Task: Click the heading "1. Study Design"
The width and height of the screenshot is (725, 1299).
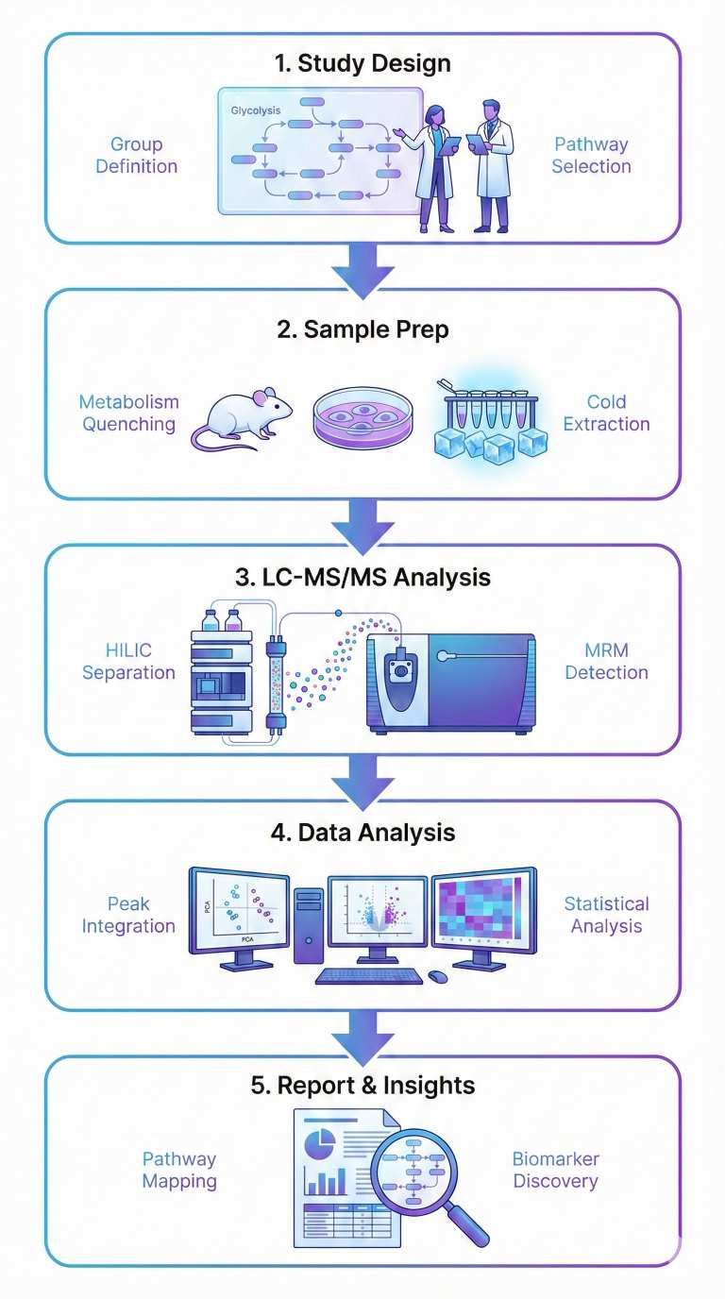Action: coord(362,64)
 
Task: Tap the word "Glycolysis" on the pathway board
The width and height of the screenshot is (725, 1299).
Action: coord(257,110)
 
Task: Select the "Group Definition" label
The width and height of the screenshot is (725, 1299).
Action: coord(137,156)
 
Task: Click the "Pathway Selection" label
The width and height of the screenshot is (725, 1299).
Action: coord(592,156)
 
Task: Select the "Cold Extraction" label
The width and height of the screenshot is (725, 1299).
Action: coord(606,413)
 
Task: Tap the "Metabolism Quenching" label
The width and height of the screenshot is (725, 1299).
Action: coord(128,413)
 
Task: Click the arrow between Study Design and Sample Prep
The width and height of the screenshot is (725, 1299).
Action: coord(362,266)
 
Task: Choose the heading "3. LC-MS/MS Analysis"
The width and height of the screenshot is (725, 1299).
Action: coord(362,577)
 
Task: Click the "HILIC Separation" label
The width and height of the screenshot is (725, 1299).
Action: coord(128,662)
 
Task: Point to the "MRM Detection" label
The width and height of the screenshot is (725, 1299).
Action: coord(606,662)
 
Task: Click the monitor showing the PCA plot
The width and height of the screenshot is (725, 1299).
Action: coord(239,911)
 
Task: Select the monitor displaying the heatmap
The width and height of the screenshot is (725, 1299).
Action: coord(484,911)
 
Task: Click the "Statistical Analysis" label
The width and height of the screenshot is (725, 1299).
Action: coord(606,915)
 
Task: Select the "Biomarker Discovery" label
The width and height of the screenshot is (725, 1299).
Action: coord(555,1170)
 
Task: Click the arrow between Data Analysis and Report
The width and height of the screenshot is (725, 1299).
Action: coord(362,1033)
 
